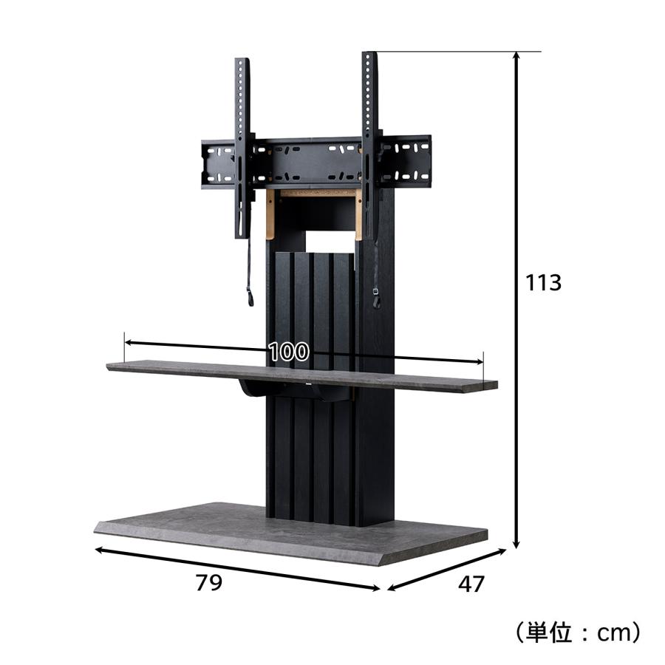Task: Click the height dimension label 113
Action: click(543, 282)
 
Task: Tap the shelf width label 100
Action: click(289, 351)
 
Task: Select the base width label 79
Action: click(208, 582)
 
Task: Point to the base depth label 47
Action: click(471, 584)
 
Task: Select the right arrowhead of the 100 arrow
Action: click(479, 362)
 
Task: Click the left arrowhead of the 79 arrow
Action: click(99, 550)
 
